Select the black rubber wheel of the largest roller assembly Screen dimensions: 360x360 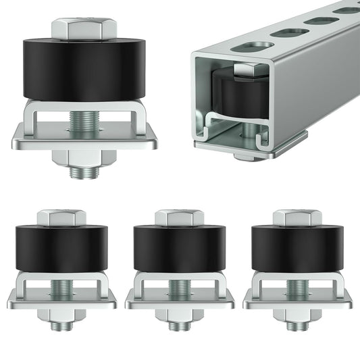click(84, 70)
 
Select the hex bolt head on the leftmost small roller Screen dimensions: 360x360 click(61, 217)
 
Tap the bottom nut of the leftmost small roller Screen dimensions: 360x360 click(61, 315)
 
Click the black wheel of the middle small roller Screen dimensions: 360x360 click(179, 249)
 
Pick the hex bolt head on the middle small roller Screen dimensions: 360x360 click(179, 217)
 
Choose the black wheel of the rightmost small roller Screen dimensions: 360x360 click(297, 249)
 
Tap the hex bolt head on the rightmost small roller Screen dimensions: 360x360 click(297, 217)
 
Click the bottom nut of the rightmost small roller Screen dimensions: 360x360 click(297, 315)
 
